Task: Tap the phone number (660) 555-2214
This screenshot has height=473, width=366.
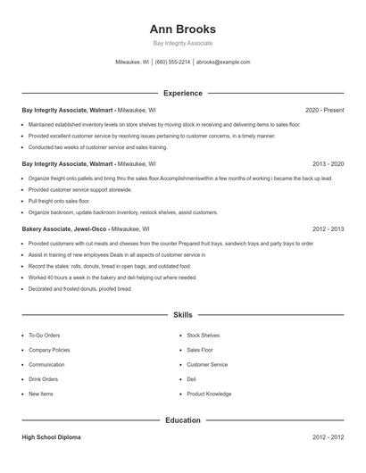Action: pyautogui.click(x=173, y=62)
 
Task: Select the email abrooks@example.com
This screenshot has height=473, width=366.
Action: pyautogui.click(x=223, y=62)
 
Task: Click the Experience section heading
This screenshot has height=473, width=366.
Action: pyautogui.click(x=183, y=93)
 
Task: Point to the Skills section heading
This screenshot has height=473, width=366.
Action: pyautogui.click(x=183, y=315)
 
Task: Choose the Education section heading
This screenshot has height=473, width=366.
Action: pyautogui.click(x=183, y=419)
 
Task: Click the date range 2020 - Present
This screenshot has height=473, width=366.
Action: pyautogui.click(x=324, y=110)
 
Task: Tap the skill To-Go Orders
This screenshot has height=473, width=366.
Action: pyautogui.click(x=46, y=336)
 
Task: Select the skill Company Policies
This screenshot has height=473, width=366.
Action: pyautogui.click(x=49, y=350)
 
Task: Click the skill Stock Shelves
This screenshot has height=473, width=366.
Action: pyautogui.click(x=203, y=336)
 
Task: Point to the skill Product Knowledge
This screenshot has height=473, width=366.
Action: pyautogui.click(x=209, y=394)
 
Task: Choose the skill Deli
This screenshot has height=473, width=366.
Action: pyautogui.click(x=191, y=379)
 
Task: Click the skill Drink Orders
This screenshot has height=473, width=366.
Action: pyautogui.click(x=45, y=379)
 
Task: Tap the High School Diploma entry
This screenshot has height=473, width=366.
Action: pyautogui.click(x=52, y=437)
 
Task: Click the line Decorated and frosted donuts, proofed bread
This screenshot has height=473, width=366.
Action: pyautogui.click(x=79, y=288)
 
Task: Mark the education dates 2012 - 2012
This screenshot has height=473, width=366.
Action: pyautogui.click(x=329, y=437)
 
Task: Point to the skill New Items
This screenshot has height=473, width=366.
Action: pyautogui.click(x=41, y=394)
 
